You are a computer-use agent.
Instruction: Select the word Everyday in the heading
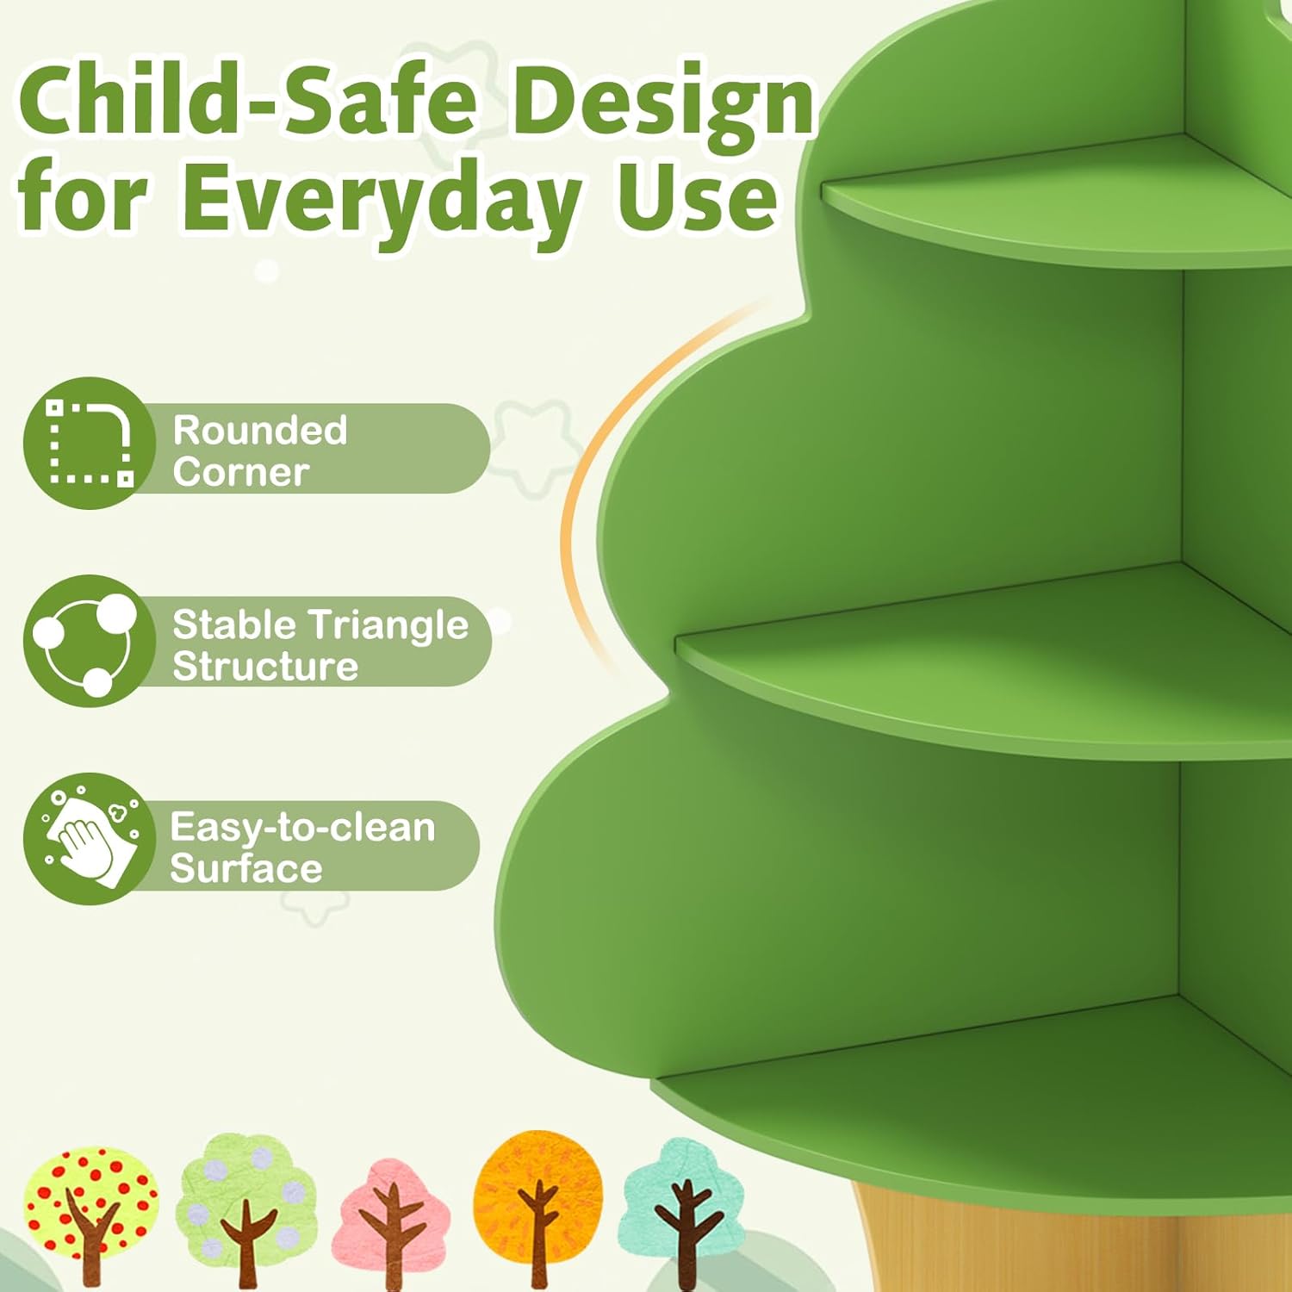[x=379, y=200]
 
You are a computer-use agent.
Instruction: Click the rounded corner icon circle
[x=89, y=444]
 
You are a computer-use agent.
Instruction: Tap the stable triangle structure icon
[x=89, y=641]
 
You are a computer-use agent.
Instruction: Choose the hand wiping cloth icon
[x=89, y=838]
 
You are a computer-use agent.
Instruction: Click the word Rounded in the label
[x=259, y=430]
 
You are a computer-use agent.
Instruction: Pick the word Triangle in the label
[x=388, y=624]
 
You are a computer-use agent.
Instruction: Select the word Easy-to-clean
[x=302, y=827]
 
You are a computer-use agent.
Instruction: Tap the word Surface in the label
[x=246, y=868]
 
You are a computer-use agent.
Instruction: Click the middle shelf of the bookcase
[x=991, y=663]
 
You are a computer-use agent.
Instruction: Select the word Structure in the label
[x=265, y=666]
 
